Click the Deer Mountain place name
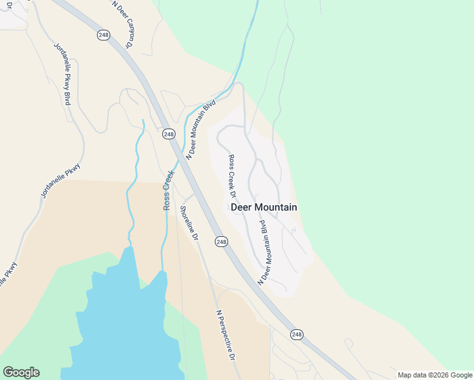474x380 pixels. pos(264,207)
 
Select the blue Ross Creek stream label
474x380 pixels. pos(169,190)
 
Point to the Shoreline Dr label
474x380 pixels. pos(189,224)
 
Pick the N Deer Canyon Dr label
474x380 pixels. pos(123,24)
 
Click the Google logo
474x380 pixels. pos(21,372)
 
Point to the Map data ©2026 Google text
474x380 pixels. pos(435,375)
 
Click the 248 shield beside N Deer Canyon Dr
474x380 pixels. pos(103,35)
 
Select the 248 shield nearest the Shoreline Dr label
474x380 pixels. pos(221,242)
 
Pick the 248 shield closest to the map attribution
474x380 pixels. pos(297,334)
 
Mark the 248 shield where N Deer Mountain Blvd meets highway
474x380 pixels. pos(168,134)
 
